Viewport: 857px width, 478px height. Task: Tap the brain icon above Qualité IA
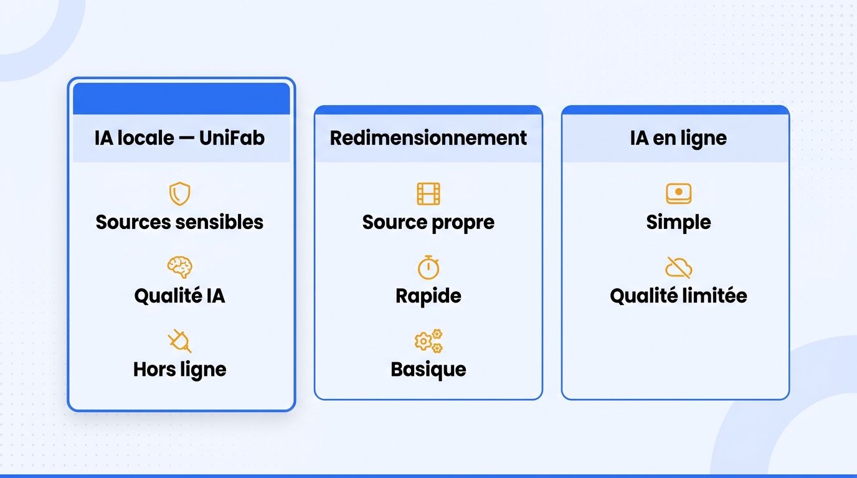179,267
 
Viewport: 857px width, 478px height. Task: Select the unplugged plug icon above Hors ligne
179,340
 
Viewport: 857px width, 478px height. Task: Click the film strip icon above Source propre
428,194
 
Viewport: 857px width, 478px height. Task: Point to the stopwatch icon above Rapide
428,268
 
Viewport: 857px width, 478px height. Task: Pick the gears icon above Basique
428,340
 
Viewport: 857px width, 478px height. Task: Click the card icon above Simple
678,194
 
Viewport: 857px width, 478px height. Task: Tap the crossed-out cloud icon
678,267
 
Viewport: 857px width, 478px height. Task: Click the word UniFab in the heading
232,138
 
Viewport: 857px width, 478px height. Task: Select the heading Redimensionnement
428,138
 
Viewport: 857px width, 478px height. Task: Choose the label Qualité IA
179,296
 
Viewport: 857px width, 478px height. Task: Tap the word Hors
154,370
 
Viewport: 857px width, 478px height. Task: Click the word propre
462,223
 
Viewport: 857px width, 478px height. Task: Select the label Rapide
428,296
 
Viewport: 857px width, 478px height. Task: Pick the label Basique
428,370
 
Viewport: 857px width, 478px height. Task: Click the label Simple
678,223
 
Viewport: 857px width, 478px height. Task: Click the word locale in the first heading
145,138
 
